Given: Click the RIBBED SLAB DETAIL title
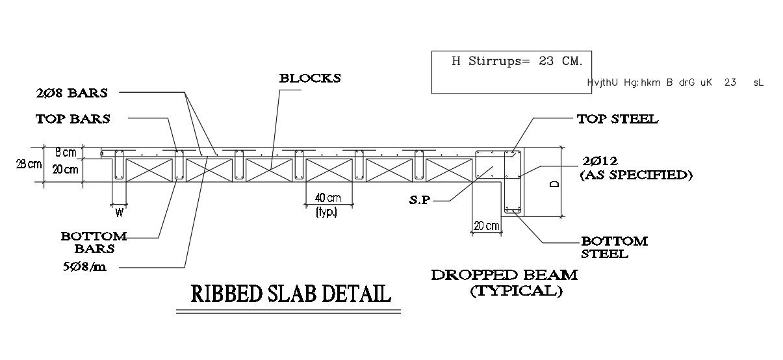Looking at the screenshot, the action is click(x=290, y=294).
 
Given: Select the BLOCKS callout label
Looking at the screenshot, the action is click(x=310, y=79).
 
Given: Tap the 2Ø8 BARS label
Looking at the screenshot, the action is click(x=71, y=92).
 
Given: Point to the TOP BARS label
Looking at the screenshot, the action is click(x=73, y=119).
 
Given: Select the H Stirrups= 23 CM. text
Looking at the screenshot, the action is click(x=517, y=61).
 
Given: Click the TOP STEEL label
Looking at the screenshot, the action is click(x=617, y=119).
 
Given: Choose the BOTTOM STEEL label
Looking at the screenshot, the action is click(x=614, y=247).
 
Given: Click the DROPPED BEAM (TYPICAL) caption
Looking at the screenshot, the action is click(x=504, y=282).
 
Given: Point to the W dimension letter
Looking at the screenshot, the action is click(x=119, y=212).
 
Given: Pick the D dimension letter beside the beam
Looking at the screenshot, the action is click(x=554, y=183).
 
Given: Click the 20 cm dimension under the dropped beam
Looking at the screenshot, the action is click(x=487, y=226).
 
